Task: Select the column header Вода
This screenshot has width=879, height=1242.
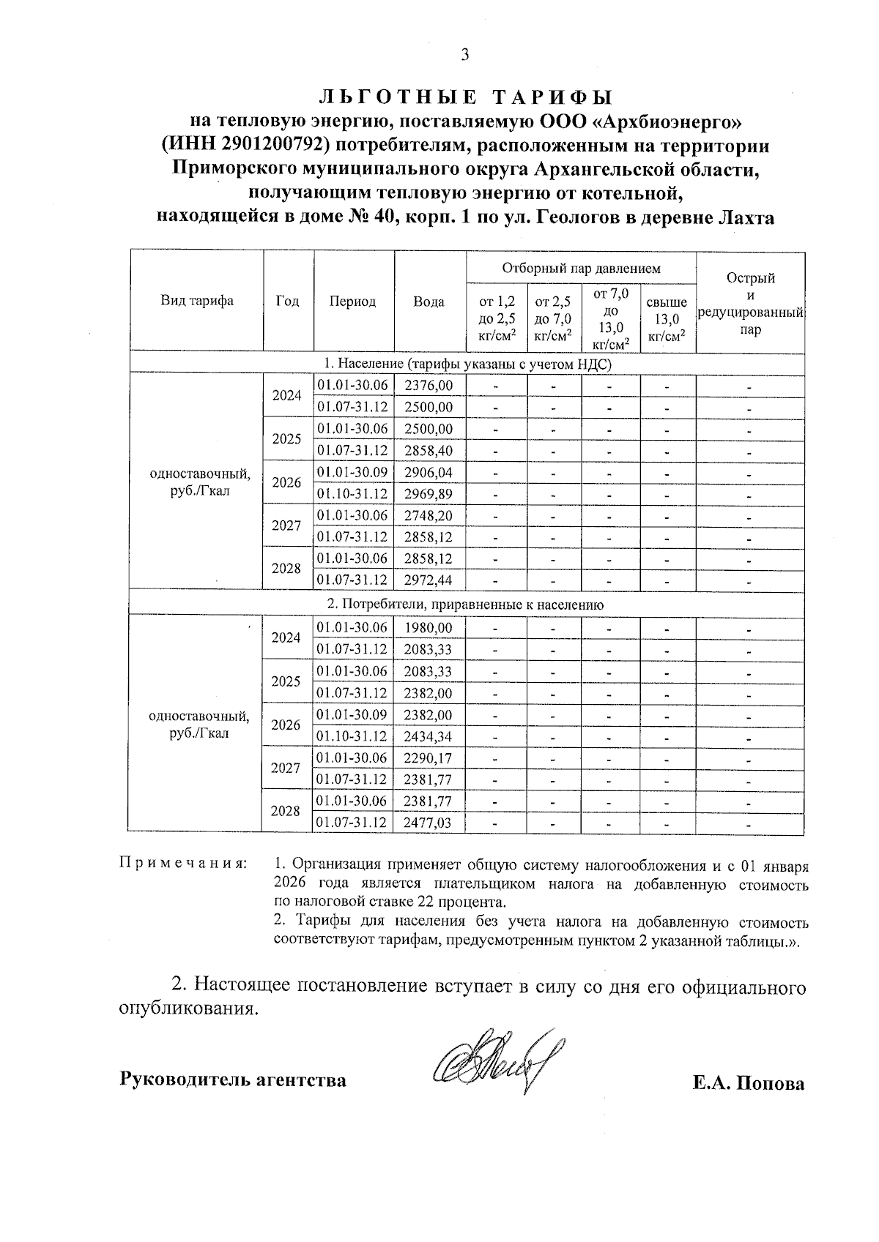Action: tap(429, 302)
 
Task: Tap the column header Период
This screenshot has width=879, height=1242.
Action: tap(352, 302)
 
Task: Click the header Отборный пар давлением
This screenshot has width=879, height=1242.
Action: tap(581, 269)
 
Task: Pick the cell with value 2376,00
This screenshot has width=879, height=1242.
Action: tap(429, 385)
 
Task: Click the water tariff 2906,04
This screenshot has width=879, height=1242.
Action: tap(429, 472)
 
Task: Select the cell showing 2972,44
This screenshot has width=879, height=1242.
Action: tap(429, 580)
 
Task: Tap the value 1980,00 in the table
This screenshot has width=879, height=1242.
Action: tap(429, 628)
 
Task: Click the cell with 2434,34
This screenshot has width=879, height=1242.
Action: tap(429, 736)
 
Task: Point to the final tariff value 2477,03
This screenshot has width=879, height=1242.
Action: tap(429, 823)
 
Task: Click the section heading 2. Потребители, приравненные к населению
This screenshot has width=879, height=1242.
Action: tap(465, 605)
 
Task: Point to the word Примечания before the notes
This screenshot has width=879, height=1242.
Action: tap(182, 864)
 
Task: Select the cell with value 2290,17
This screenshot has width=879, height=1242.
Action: tap(429, 758)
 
